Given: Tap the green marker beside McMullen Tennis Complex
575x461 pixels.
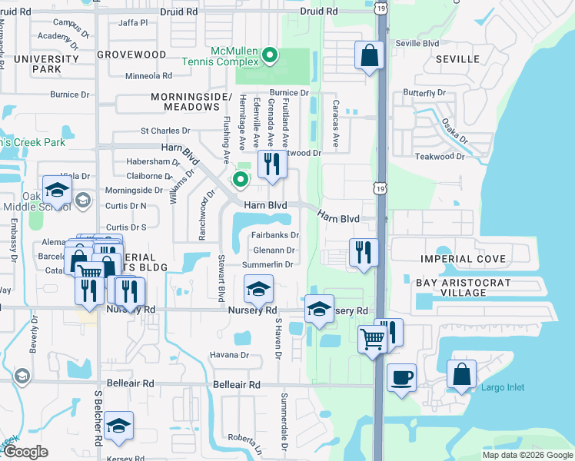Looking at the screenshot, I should click(270, 55).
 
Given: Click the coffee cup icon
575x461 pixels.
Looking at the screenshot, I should click(401, 378).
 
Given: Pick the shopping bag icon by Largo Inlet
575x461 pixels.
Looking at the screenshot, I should click(464, 376).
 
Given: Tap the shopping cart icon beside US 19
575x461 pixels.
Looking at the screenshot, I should click(373, 337).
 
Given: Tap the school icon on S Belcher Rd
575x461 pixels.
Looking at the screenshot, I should click(118, 426).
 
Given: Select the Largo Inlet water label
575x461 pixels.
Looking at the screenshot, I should click(504, 387).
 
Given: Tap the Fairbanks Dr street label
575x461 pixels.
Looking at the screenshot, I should click(274, 235).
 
